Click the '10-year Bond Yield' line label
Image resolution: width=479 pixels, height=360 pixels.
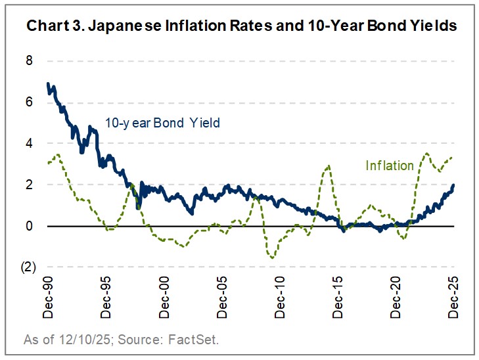tap(162, 123)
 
